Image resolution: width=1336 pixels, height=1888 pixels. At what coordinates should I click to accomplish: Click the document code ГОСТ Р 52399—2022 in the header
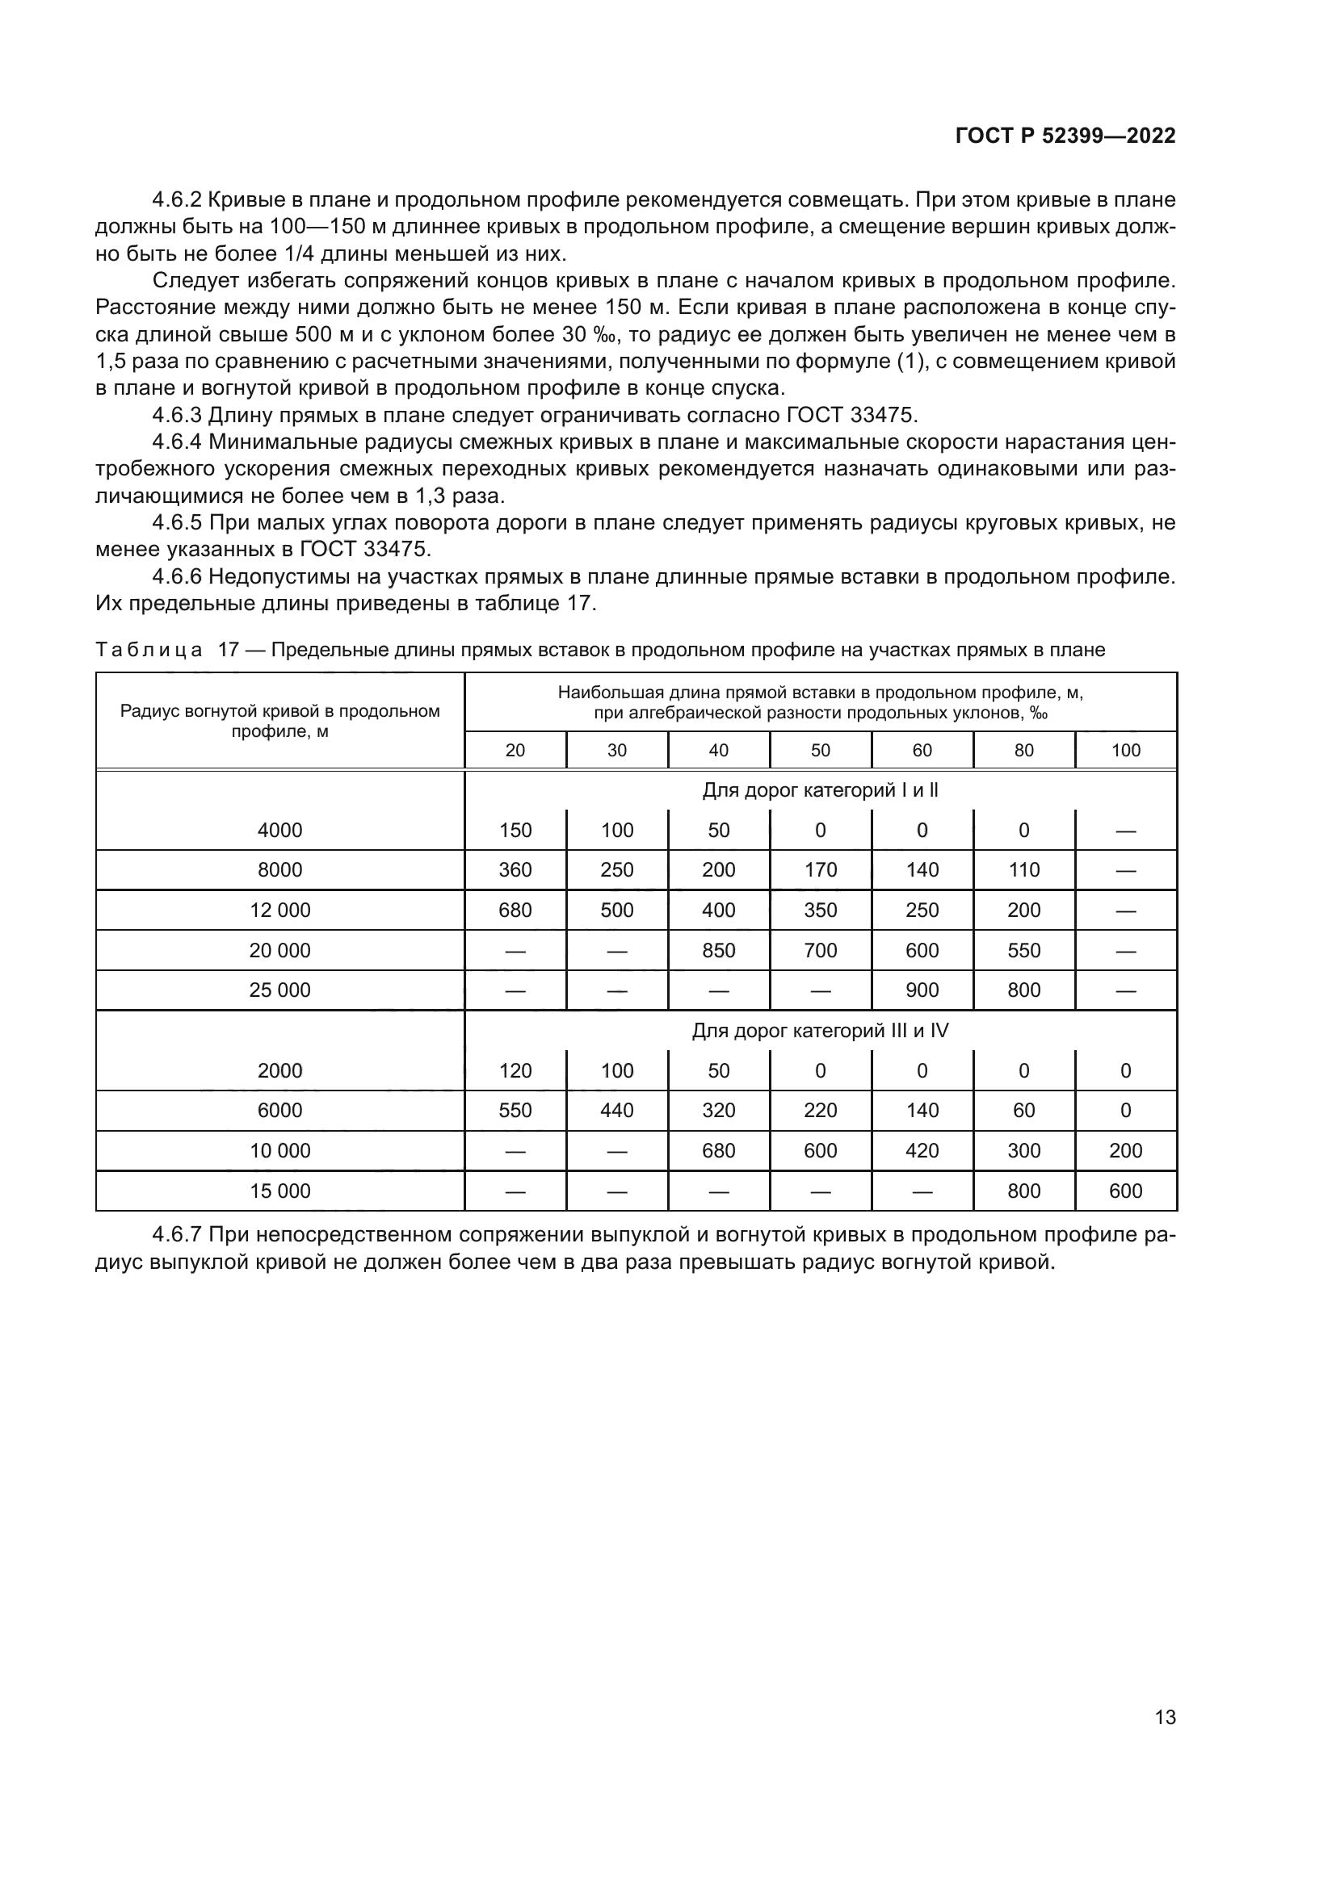1065,136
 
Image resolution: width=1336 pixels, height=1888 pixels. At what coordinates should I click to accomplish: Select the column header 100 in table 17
1125,750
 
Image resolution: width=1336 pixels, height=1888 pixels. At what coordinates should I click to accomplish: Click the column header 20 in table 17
515,750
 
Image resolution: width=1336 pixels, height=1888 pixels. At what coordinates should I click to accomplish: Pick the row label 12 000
279,911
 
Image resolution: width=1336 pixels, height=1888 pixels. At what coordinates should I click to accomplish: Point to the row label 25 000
279,990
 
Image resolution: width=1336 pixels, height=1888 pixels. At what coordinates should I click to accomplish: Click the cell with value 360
515,870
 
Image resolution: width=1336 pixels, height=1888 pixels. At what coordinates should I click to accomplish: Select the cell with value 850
718,951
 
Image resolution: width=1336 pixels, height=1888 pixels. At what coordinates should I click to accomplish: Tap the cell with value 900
922,990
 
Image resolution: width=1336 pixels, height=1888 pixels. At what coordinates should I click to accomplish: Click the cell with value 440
617,1111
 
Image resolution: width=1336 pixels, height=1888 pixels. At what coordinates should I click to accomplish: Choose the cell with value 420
922,1150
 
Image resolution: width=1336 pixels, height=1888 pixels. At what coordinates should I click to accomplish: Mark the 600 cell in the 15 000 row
1125,1191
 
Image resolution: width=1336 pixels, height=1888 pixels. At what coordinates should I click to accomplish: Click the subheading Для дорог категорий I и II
819,790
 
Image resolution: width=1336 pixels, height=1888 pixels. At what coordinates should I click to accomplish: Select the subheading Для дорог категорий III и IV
819,1030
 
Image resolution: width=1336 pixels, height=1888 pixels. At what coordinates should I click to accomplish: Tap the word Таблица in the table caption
149,651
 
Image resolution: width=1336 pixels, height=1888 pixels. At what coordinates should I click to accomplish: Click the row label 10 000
279,1150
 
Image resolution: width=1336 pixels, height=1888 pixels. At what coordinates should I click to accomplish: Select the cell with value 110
1023,870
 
